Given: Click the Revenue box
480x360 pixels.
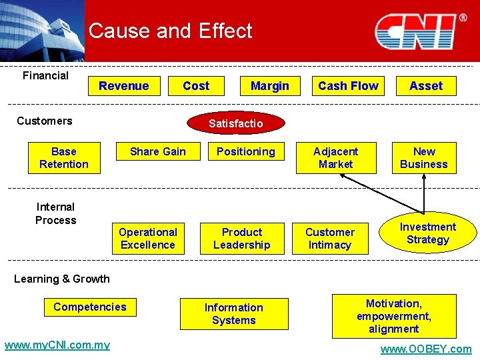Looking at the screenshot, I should [124, 86].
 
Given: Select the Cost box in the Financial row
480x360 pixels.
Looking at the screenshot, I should [196, 86].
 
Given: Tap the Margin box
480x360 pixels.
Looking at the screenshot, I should [269, 86].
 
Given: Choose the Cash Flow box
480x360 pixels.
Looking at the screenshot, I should [348, 86].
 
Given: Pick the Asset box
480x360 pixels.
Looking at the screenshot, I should [426, 86].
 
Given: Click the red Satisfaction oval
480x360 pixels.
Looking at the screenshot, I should [236, 123].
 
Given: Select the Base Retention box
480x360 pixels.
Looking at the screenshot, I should [64, 158].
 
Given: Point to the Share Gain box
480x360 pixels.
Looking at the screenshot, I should [158, 152].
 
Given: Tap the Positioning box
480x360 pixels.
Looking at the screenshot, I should [245, 152].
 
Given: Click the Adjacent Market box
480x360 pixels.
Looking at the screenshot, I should [336, 158].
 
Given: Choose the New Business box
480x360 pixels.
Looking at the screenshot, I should [424, 158].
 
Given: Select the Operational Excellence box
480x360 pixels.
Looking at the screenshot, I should [147, 239].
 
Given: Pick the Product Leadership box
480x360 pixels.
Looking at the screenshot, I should [242, 239].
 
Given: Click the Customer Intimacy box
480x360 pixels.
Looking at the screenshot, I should [330, 239].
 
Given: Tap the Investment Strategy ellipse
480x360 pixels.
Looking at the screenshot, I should [428, 233].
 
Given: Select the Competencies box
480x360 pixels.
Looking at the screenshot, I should [90, 307].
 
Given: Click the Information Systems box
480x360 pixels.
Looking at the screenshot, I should [234, 314].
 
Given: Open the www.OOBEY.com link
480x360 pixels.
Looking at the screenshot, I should [425, 349].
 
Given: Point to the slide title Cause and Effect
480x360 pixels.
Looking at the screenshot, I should [170, 31].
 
